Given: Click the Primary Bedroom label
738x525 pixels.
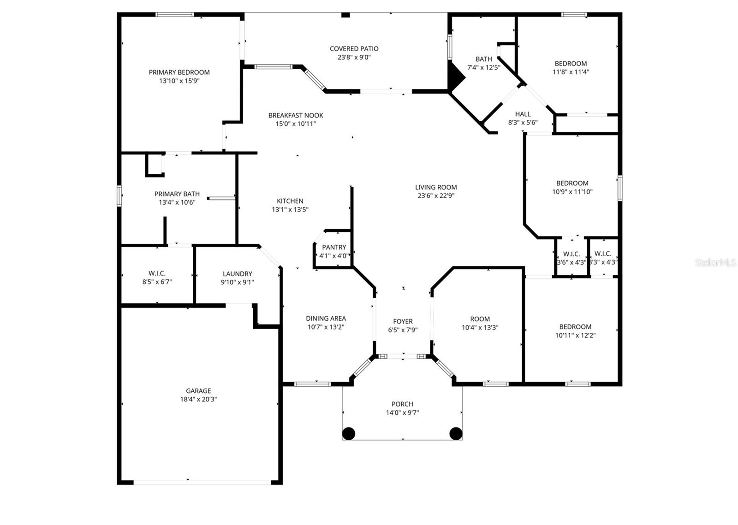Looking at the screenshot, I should pyautogui.click(x=179, y=72).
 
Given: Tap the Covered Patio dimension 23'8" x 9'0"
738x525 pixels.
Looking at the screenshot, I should pyautogui.click(x=354, y=58).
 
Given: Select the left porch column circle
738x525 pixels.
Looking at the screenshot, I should pyautogui.click(x=349, y=433).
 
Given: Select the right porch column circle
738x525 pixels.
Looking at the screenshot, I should pyautogui.click(x=456, y=433).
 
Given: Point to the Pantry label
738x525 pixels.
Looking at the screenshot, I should pyautogui.click(x=334, y=248).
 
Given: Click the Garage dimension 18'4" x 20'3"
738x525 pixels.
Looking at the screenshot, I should pyautogui.click(x=198, y=400).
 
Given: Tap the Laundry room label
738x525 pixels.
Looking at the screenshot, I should pyautogui.click(x=237, y=274).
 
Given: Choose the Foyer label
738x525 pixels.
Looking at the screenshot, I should pyautogui.click(x=403, y=322).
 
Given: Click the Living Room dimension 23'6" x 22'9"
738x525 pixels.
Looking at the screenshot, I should pyautogui.click(x=436, y=195).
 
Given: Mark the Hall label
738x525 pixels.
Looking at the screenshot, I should pyautogui.click(x=523, y=114).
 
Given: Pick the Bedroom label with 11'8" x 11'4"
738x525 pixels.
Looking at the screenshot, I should pyautogui.click(x=571, y=64).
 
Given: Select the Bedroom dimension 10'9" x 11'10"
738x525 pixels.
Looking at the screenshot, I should pyautogui.click(x=572, y=192).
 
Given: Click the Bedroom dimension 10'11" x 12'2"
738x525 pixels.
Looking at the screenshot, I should pyautogui.click(x=575, y=336).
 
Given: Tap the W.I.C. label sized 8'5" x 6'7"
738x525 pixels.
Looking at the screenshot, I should pyautogui.click(x=157, y=273).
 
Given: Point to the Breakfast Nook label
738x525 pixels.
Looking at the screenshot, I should pyautogui.click(x=296, y=115).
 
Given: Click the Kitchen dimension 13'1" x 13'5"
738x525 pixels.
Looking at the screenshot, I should pyautogui.click(x=290, y=210).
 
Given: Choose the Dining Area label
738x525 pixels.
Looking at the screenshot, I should pyautogui.click(x=326, y=319).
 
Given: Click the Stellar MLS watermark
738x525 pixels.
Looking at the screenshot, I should pyautogui.click(x=715, y=263).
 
